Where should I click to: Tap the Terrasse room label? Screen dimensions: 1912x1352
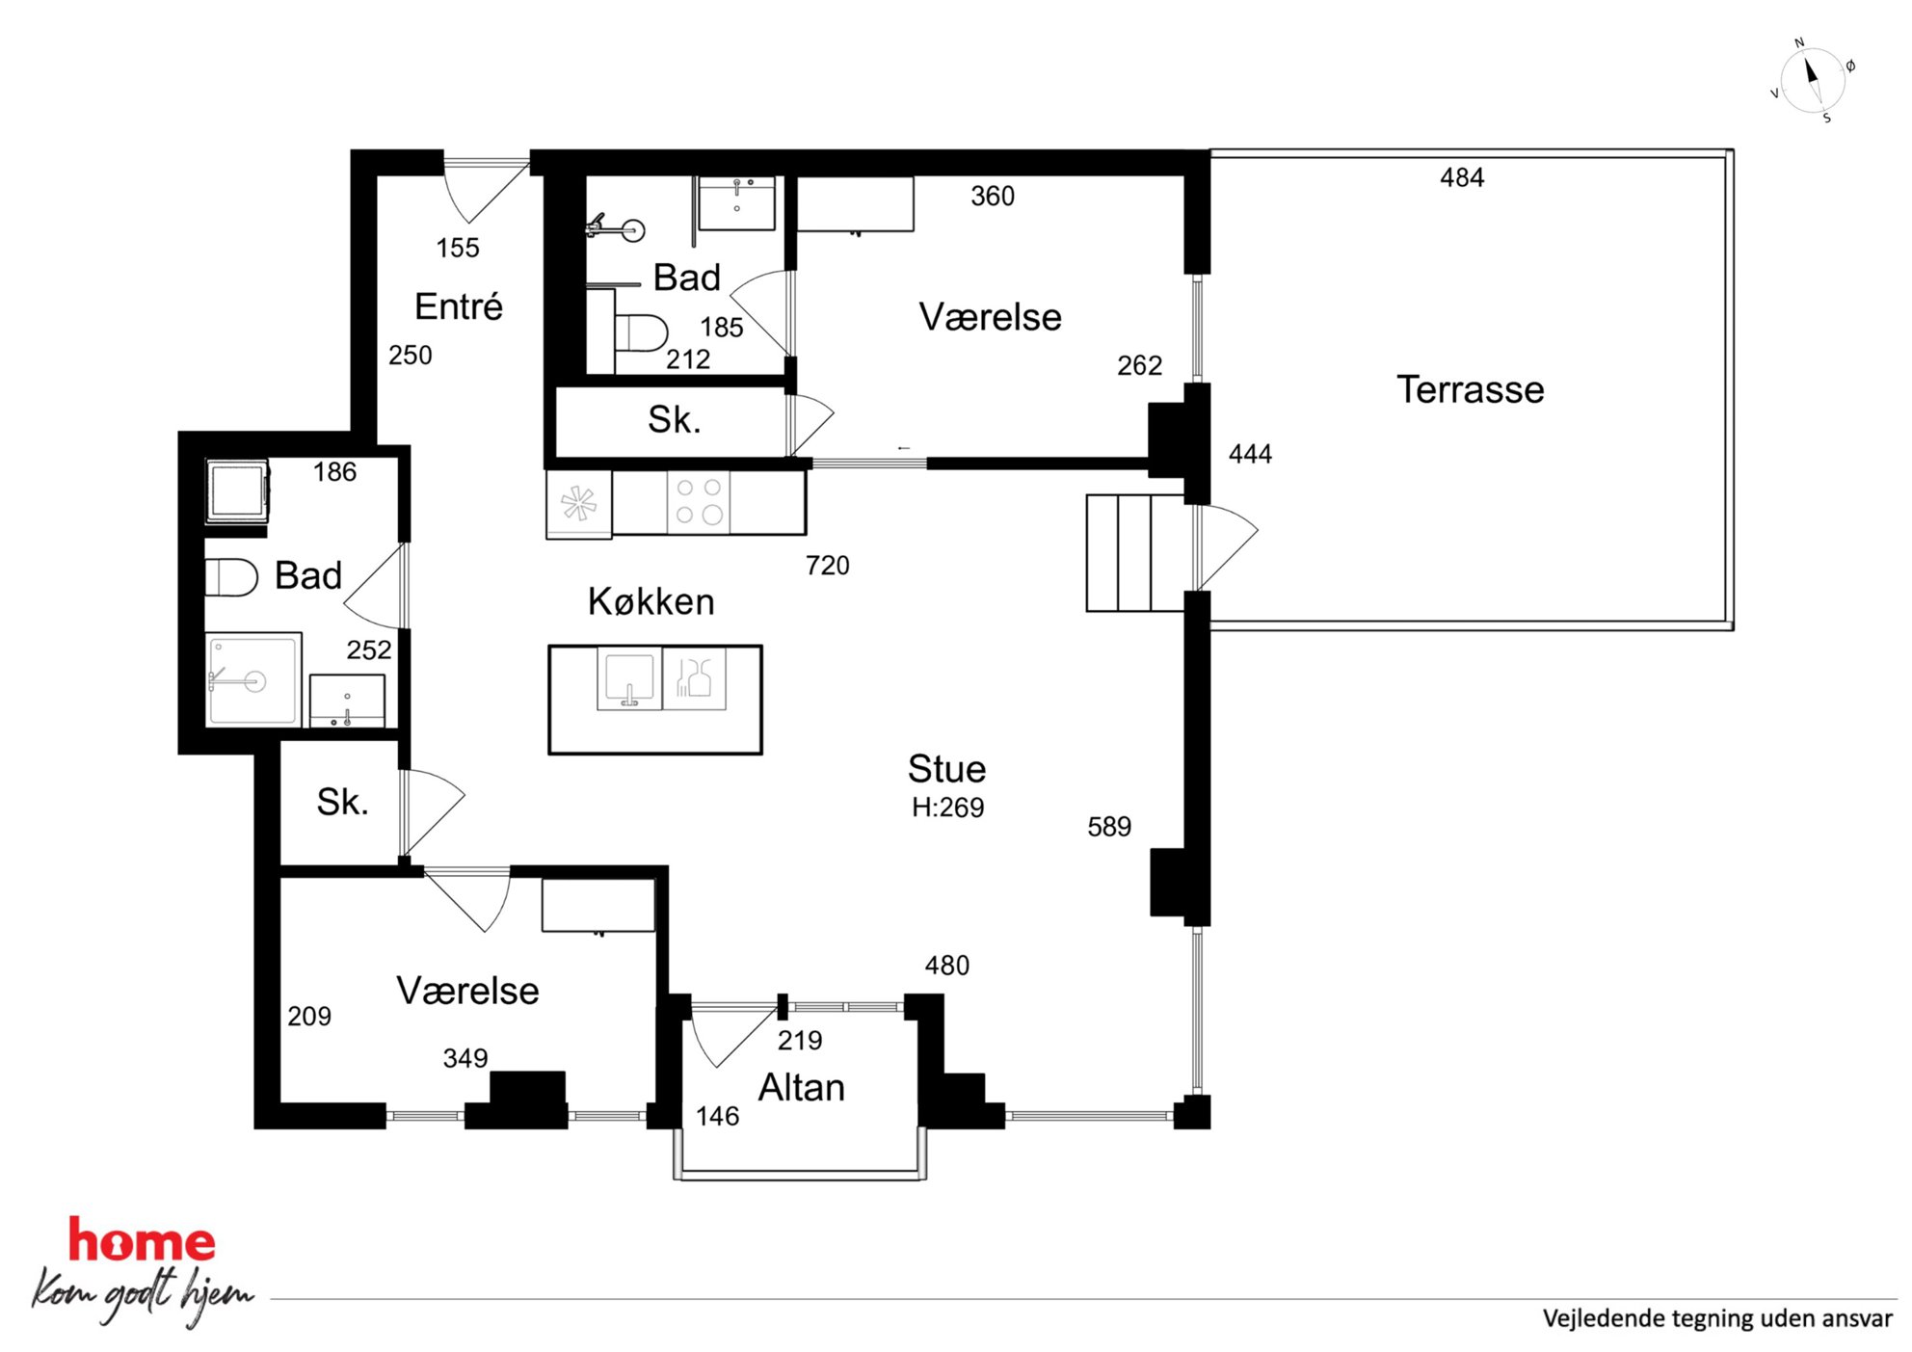[x=1470, y=389]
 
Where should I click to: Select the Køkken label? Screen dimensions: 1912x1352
[x=651, y=601]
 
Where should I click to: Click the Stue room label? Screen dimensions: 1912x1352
[x=946, y=769]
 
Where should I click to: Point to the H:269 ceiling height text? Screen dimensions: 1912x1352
[x=947, y=808]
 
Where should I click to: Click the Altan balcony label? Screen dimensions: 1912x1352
[x=801, y=1087]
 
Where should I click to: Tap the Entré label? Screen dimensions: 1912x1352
[x=459, y=306]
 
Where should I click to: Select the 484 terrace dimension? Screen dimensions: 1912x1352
[x=1462, y=177]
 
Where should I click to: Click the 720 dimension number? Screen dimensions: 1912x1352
[x=828, y=565]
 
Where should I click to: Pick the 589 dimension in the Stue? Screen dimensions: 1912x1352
[x=1109, y=827]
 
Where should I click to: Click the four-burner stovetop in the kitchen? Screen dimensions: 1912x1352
[x=699, y=501]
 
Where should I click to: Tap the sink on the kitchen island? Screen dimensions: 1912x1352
[x=629, y=678]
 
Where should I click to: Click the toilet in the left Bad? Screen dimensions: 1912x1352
[x=231, y=577]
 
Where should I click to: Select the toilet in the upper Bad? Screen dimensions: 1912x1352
[x=641, y=333]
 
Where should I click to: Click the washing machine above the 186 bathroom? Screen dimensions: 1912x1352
[x=237, y=491]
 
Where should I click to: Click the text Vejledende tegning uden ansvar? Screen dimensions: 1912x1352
[x=1717, y=1318]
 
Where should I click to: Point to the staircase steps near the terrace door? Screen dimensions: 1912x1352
[x=1135, y=553]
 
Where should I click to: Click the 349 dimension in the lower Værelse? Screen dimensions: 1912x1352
[x=465, y=1058]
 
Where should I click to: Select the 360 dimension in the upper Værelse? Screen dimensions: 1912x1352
[x=993, y=196]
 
